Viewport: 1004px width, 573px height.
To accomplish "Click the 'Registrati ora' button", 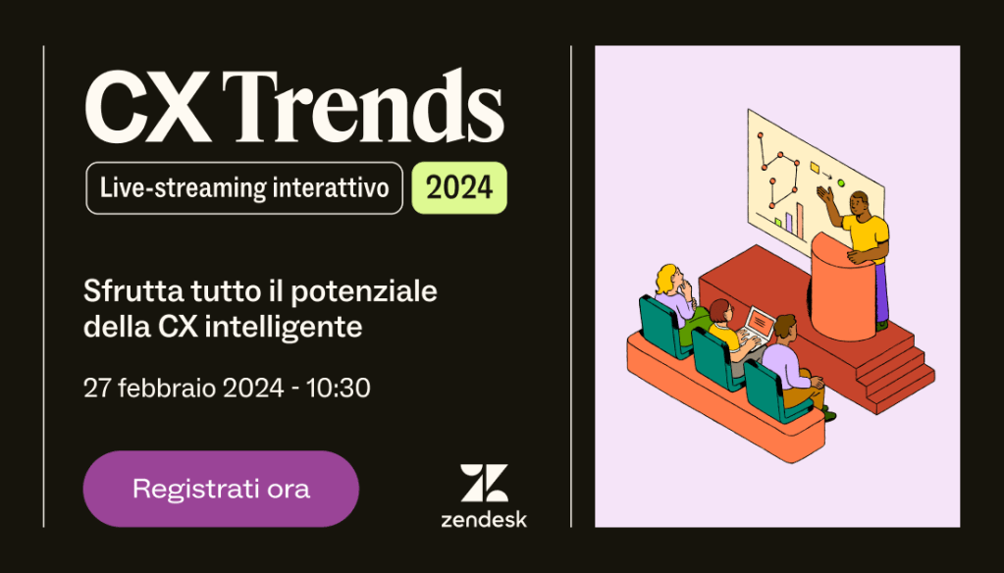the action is point(221,489).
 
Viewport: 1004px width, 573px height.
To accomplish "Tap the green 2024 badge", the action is point(459,187).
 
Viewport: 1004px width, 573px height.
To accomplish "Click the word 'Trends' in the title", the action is point(363,107).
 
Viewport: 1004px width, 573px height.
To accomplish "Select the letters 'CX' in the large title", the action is point(148,108).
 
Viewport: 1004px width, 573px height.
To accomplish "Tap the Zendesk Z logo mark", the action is point(484,483).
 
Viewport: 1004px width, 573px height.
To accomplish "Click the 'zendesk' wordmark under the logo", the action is point(484,519).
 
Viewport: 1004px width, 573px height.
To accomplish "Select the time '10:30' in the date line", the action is point(338,388).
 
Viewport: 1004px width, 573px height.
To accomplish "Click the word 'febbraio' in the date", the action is point(167,388).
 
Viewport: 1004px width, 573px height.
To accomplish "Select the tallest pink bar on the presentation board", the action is point(799,219).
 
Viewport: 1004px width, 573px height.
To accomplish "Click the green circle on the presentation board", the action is point(841,183).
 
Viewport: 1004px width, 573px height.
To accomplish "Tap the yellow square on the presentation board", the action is point(815,168).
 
